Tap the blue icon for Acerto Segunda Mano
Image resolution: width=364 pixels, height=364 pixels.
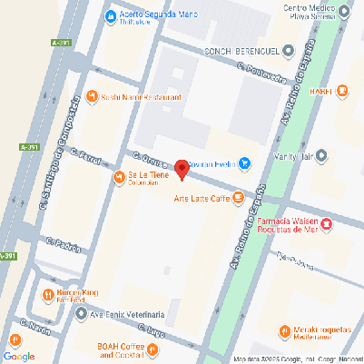[x=110, y=15]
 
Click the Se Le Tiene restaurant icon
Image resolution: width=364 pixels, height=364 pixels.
[x=118, y=176]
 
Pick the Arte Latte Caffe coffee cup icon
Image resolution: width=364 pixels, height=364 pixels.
[x=237, y=196]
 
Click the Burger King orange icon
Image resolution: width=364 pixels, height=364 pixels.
[x=47, y=294]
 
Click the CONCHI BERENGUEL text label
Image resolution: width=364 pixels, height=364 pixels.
[x=241, y=51]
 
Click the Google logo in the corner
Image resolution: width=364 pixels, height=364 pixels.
[x=19, y=355]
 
